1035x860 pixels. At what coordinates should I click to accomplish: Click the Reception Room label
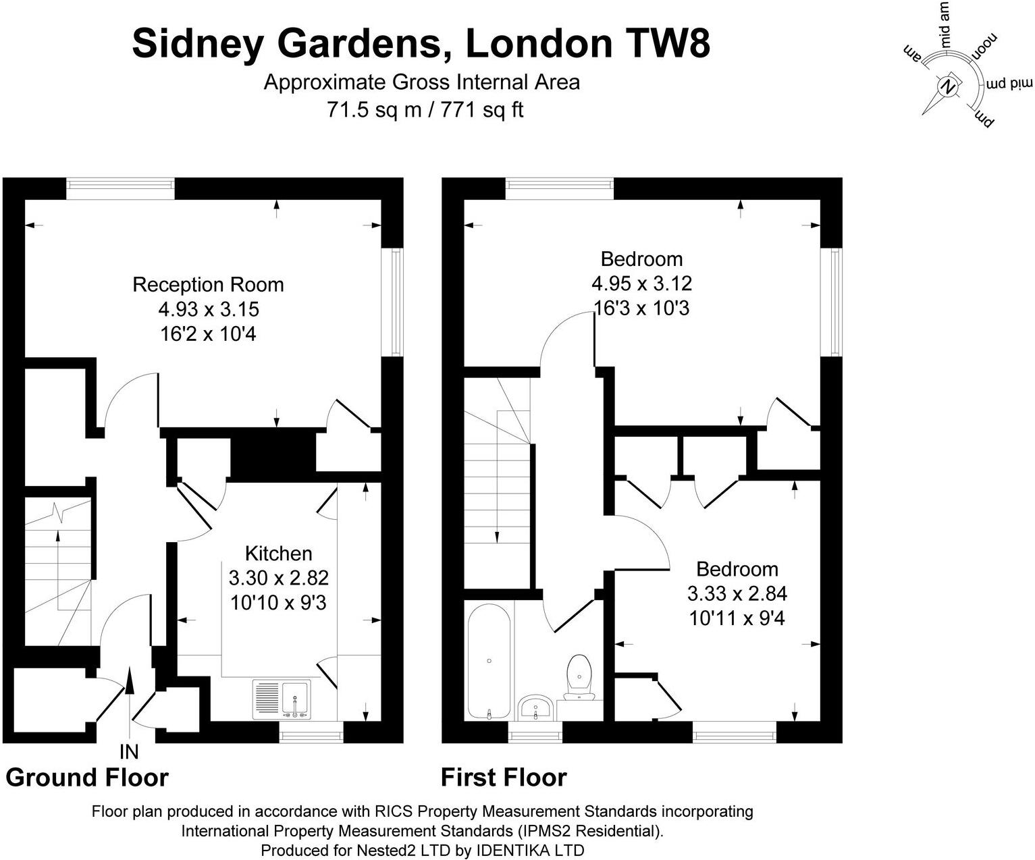pyautogui.click(x=208, y=284)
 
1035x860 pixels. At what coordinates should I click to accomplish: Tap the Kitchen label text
pyautogui.click(x=278, y=554)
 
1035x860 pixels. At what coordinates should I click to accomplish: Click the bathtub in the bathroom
pyautogui.click(x=489, y=662)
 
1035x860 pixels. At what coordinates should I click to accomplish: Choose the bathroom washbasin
pyautogui.click(x=537, y=709)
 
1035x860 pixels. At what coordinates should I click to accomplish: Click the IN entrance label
pyautogui.click(x=129, y=751)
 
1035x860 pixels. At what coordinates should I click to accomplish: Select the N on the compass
pyautogui.click(x=949, y=87)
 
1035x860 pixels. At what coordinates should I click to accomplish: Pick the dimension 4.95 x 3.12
pyautogui.click(x=641, y=283)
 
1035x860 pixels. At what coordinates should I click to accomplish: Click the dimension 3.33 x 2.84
pyautogui.click(x=737, y=593)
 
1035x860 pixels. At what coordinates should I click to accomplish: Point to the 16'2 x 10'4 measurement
pyautogui.click(x=208, y=333)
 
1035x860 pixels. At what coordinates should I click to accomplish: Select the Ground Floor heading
pyautogui.click(x=87, y=778)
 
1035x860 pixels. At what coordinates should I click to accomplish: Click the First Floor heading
pyautogui.click(x=504, y=778)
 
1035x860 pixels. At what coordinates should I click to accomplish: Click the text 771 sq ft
pyautogui.click(x=482, y=109)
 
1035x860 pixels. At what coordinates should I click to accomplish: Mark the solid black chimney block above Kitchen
pyautogui.click(x=273, y=456)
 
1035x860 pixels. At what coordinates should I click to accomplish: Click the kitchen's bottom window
pyautogui.click(x=311, y=732)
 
